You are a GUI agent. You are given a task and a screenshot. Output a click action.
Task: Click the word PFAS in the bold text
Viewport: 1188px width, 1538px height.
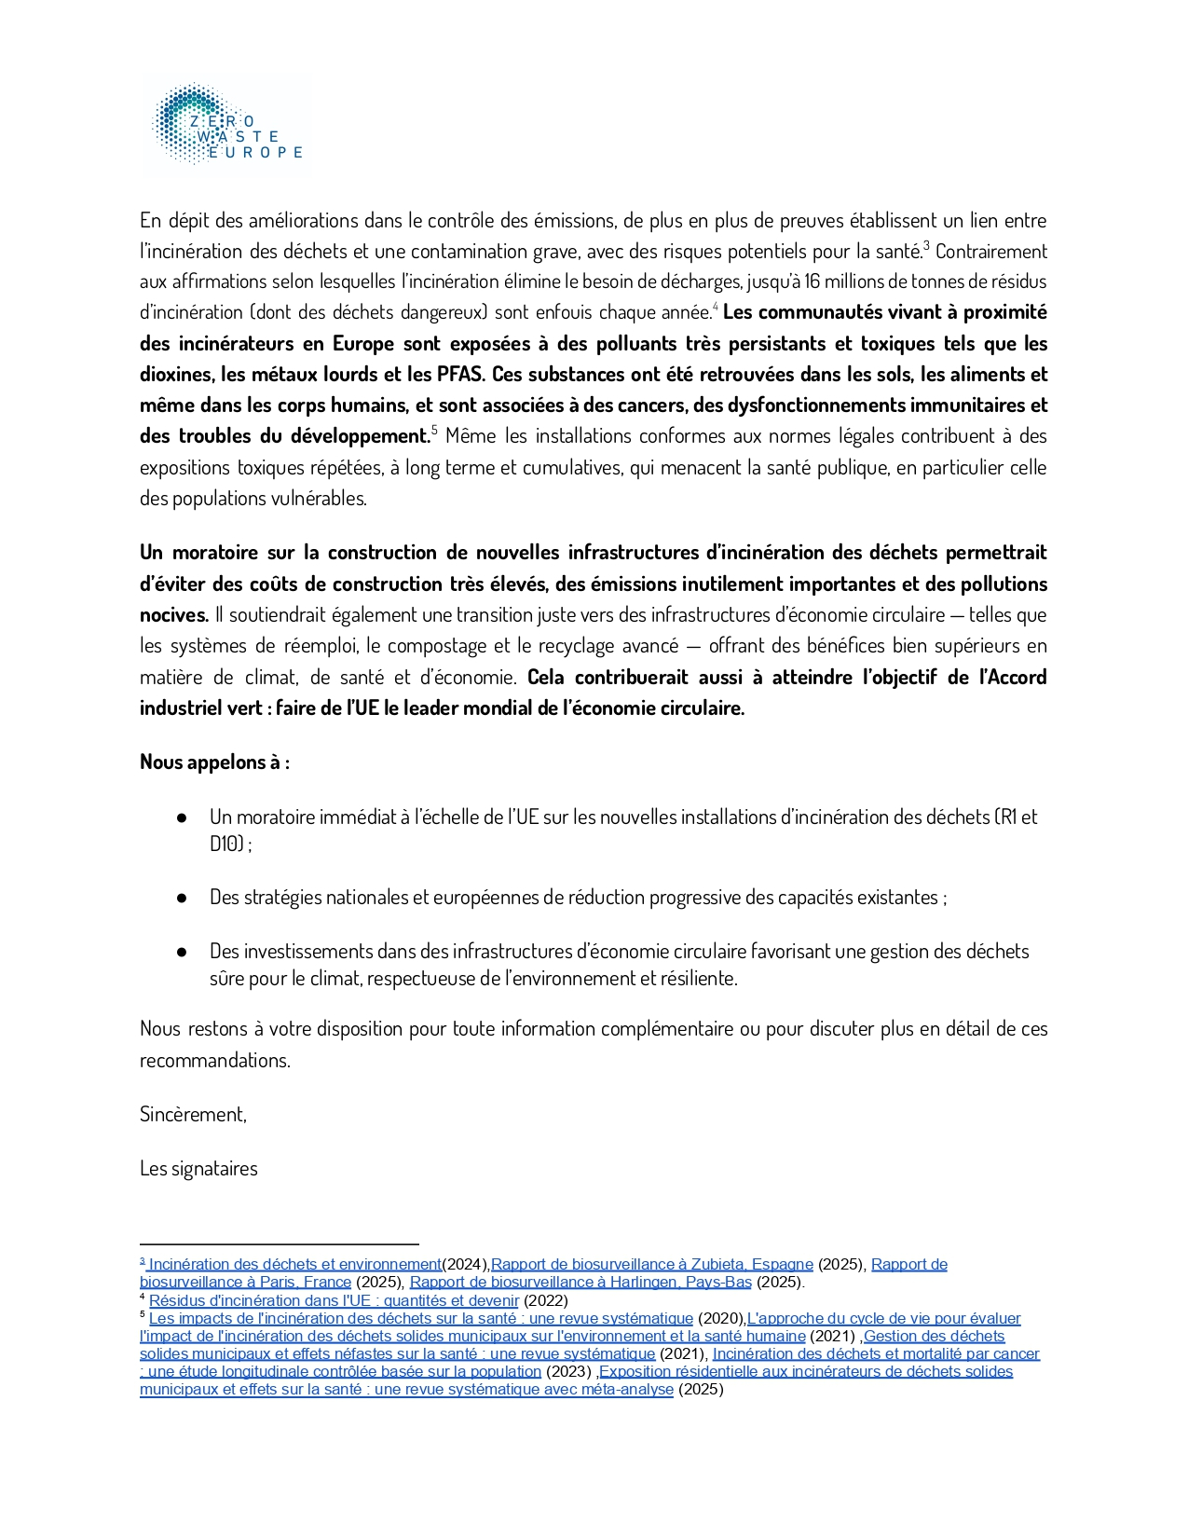[460, 375]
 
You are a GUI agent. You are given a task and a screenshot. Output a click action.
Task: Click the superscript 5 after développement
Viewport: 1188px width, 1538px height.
[434, 431]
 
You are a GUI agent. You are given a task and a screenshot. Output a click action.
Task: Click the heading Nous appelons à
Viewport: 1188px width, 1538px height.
[214, 762]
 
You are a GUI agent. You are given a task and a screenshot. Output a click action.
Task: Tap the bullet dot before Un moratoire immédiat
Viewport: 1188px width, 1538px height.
[182, 817]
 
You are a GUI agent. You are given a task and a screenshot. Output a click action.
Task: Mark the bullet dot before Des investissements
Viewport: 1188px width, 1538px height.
[182, 952]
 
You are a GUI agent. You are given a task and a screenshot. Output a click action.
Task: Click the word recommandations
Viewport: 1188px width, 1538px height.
[214, 1061]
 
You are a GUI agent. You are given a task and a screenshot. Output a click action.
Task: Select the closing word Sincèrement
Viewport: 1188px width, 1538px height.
[193, 1115]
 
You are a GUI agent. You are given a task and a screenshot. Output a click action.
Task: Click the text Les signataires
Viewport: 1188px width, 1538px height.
[198, 1169]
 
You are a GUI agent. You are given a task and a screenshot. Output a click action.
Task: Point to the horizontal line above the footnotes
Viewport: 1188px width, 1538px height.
[279, 1243]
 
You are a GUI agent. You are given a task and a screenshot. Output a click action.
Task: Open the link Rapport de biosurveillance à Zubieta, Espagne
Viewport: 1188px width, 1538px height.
[651, 1265]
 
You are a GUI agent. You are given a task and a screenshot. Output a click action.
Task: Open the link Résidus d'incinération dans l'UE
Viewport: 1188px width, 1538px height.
[334, 1301]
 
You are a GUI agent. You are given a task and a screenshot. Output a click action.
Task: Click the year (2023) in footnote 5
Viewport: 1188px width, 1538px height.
[568, 1372]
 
